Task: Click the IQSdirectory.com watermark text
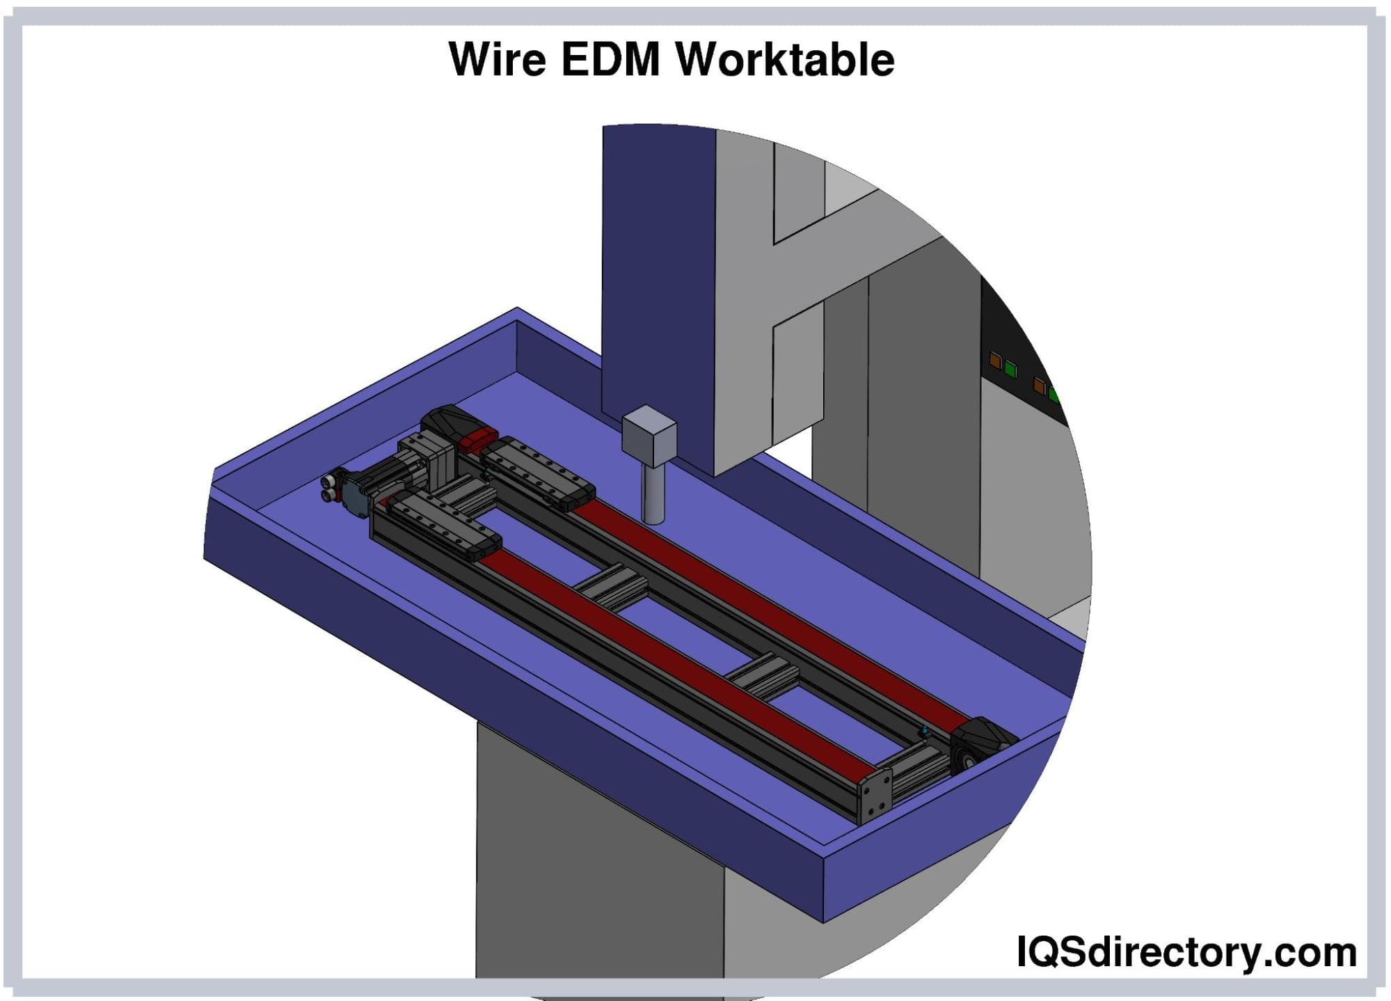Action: [1186, 952]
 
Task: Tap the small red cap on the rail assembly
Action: [480, 439]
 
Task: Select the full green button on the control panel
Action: [1010, 368]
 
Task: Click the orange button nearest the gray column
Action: [996, 361]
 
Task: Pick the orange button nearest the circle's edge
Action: [1040, 386]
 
